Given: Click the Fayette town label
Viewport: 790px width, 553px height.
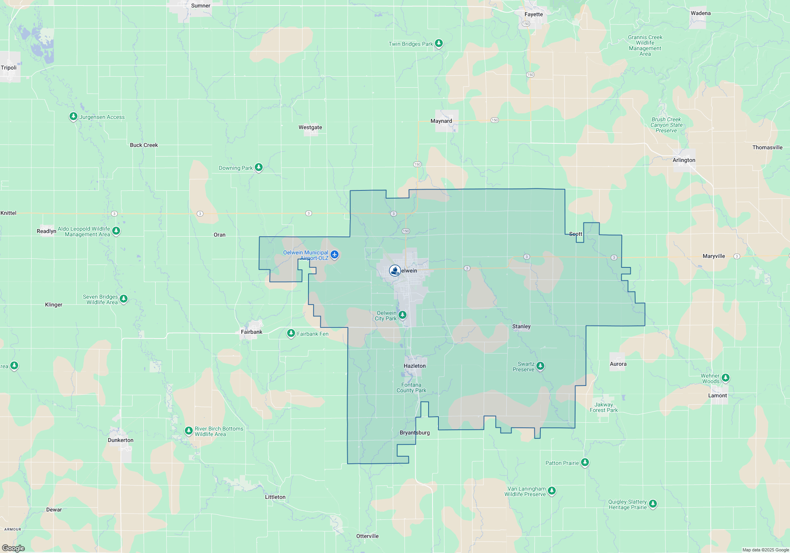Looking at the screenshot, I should coord(534,15).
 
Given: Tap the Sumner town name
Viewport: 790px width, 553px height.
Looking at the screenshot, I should coord(201,6).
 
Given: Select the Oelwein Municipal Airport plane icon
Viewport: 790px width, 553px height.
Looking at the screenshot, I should coord(335,254).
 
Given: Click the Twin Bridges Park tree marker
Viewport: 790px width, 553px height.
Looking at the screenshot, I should coord(439,43).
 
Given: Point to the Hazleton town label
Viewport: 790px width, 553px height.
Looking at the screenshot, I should coord(415,366).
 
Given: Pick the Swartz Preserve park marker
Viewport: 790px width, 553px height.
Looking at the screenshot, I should coord(540,366).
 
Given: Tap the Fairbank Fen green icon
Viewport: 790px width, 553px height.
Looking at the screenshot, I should coord(291,333).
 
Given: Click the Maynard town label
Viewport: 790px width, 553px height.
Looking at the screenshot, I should coord(441,121).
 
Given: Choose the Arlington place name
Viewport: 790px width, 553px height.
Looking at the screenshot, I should coord(684,160).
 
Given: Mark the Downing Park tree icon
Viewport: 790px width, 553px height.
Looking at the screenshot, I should coord(259,167).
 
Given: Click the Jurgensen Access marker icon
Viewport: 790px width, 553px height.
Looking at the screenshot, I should coord(73,117).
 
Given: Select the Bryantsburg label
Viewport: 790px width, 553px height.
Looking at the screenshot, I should coord(415,433).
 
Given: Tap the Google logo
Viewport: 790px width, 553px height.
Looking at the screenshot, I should coord(13,548).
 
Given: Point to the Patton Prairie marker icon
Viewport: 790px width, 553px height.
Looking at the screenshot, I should coord(585,462).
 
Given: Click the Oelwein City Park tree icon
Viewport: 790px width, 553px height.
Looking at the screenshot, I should coord(403,315).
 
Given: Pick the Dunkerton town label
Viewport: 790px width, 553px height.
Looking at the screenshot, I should coord(120,440).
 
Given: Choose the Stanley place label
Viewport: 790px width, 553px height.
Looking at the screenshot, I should coord(521,327).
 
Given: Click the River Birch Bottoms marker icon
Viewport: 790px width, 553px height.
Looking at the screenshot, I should coord(189,431).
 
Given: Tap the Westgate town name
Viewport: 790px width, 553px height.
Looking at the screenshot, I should coord(310,128).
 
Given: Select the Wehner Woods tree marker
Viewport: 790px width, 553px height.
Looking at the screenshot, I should coord(726,378).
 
